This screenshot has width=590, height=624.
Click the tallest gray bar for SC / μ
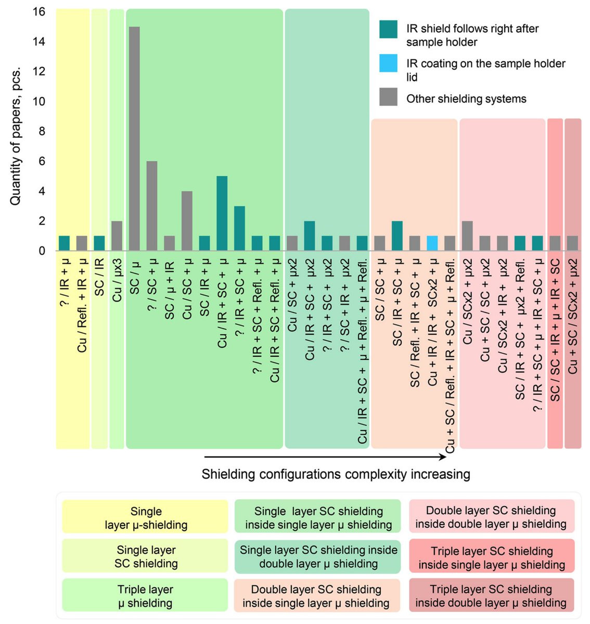coord(134,138)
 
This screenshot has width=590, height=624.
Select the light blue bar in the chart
coord(432,243)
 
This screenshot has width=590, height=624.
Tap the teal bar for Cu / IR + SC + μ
coord(222,213)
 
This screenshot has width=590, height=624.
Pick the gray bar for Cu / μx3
coord(117,236)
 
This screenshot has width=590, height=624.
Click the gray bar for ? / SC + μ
coord(152,206)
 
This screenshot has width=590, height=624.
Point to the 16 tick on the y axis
coord(39,12)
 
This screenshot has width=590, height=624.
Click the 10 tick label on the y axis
coord(39,101)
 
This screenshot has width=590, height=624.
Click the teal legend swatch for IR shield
coord(388,29)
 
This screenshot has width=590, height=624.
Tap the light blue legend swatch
coord(388,63)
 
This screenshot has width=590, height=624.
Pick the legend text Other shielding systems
coord(466,99)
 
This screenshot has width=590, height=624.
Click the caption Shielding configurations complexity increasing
coord(336,474)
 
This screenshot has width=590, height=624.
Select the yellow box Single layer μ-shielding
coord(145,517)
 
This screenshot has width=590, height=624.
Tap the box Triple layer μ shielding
coord(145,596)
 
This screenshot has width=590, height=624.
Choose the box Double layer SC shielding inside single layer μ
coord(317,596)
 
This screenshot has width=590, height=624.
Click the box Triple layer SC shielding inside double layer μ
coord(492,596)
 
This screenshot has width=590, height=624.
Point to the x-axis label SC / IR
coord(99,277)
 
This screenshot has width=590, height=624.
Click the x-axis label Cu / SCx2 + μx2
coord(467,301)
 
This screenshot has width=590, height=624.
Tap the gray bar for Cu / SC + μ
coord(187,221)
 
